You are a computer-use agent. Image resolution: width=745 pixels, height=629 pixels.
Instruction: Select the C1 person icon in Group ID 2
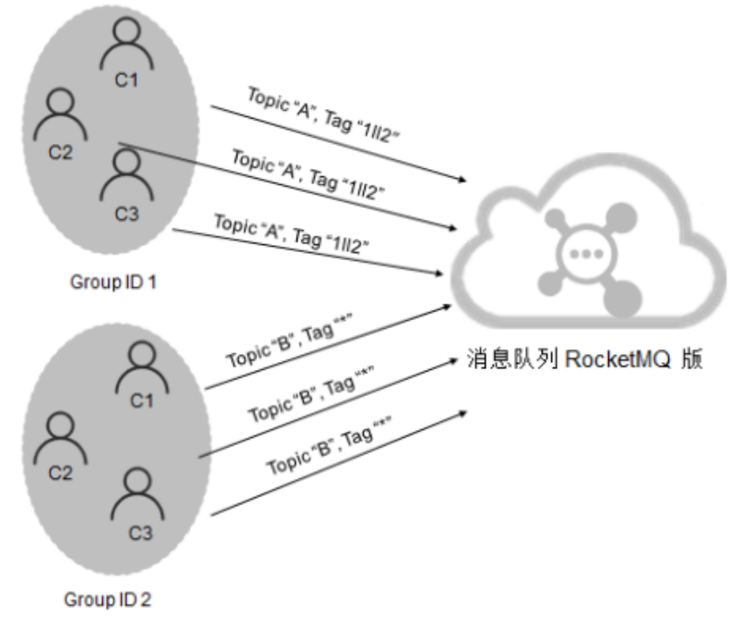coord(140,365)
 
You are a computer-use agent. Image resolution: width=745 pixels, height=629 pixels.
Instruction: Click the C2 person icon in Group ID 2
coord(58,439)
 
